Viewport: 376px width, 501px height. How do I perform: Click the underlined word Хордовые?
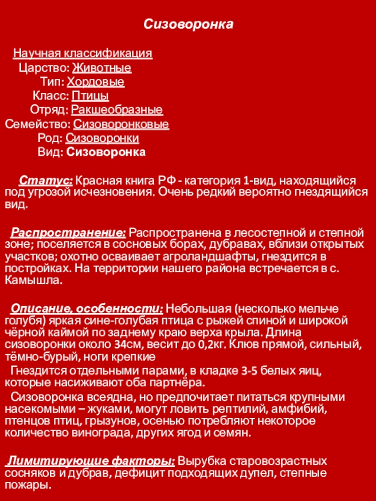95,83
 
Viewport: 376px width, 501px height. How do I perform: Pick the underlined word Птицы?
90,96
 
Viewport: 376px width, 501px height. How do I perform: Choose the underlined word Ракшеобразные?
117,110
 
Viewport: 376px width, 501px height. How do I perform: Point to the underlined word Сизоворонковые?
121,124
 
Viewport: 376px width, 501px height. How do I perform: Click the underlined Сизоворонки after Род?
102,139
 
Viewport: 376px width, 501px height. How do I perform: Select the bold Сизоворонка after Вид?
106,153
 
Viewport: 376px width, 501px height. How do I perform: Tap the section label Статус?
46,180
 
